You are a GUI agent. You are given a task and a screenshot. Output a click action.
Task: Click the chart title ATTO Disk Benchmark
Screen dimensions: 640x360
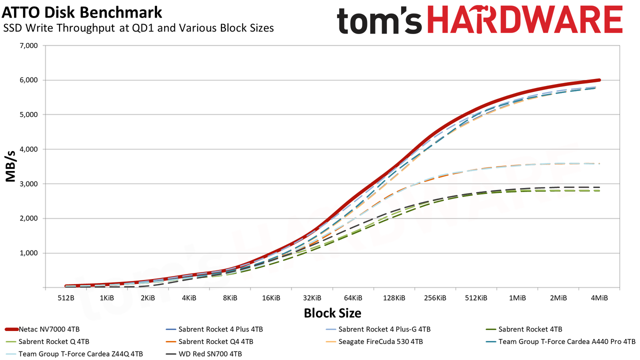82,12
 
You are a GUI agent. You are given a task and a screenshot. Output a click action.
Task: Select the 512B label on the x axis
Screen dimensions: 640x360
66,298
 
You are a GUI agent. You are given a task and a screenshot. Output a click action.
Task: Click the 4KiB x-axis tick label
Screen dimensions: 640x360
189,298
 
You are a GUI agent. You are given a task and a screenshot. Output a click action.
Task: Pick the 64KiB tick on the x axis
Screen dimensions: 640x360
353,298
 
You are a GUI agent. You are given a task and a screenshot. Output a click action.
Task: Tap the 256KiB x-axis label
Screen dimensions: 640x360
435,298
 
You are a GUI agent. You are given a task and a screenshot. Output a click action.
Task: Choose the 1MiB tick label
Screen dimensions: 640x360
517,298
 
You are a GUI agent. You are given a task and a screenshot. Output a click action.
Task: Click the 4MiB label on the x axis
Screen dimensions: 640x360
599,298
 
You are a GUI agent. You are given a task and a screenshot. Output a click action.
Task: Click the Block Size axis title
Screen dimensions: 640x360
332,313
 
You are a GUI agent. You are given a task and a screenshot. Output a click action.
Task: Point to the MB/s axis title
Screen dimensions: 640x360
10,166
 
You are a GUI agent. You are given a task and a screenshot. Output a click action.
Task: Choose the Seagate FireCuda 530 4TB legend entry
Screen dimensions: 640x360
374,341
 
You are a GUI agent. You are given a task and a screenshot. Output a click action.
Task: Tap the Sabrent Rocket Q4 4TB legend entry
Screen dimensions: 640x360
209,341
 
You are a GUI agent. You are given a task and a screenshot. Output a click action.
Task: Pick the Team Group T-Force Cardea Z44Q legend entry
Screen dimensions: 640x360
74,354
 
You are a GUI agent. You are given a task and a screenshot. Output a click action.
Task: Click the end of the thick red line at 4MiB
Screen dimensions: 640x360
599,80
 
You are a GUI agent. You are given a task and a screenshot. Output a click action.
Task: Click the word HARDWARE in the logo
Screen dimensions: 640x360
525,20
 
